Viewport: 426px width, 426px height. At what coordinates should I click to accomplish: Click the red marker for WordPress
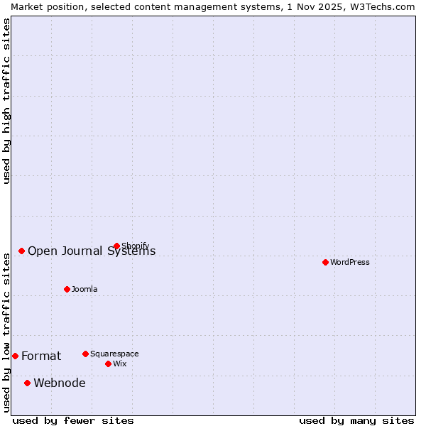[x=325, y=262]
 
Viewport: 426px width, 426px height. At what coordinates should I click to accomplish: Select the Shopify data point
[x=117, y=246]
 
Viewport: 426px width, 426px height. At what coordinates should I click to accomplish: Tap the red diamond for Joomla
[x=67, y=289]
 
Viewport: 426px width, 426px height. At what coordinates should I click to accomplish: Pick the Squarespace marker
[x=85, y=354]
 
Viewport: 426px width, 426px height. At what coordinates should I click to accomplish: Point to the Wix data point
[x=108, y=364]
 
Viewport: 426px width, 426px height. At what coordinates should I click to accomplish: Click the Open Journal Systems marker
[x=22, y=251]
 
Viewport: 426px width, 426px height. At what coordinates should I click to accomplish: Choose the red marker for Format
[x=15, y=356]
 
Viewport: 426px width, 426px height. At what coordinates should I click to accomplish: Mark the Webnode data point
[x=28, y=383]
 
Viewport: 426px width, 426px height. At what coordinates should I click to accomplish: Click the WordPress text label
[x=350, y=262]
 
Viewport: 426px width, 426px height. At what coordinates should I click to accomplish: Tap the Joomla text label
[x=84, y=289]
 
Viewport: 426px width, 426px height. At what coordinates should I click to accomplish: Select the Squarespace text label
[x=114, y=354]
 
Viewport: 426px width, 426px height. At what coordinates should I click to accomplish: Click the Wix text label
[x=120, y=364]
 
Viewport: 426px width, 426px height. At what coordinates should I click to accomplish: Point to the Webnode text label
[x=60, y=383]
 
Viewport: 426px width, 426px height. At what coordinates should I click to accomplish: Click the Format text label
[x=41, y=356]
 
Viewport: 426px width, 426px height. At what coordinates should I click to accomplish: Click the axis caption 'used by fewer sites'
[x=73, y=420]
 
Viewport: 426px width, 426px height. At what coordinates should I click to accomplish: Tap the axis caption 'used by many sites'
[x=356, y=420]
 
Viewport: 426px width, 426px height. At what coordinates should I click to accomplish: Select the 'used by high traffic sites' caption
[x=7, y=101]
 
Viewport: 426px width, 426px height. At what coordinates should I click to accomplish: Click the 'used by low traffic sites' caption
[x=7, y=331]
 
